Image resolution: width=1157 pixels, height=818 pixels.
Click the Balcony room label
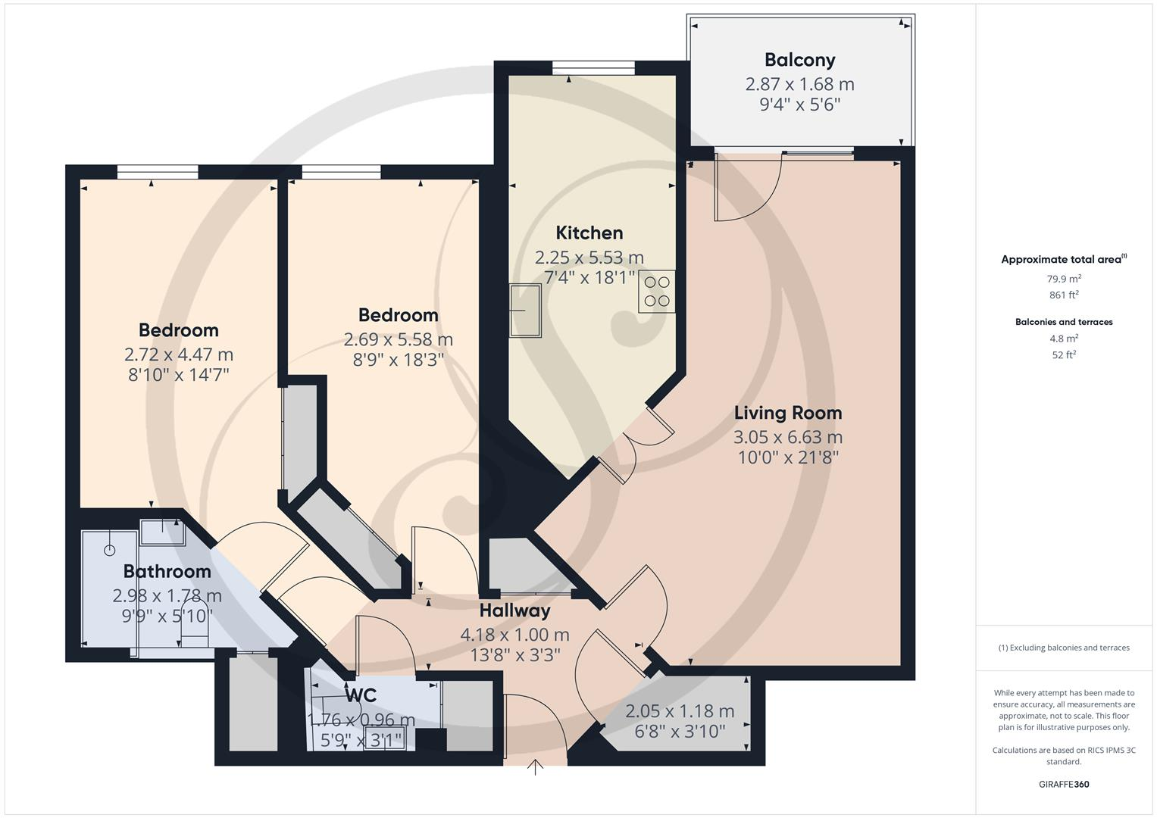[799, 60]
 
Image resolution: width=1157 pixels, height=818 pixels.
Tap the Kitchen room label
[589, 233]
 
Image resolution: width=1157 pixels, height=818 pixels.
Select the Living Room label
[787, 413]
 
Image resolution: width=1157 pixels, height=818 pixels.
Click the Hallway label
[514, 610]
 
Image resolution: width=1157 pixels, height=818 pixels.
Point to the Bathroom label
[167, 571]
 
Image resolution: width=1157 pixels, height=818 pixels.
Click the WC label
[361, 695]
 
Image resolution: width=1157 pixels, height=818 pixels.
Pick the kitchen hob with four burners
[656, 292]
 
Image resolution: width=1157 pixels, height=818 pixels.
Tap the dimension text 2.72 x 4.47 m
[178, 354]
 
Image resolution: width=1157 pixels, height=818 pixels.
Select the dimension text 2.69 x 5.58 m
[398, 339]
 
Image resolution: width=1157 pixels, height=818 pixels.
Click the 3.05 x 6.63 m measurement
[787, 437]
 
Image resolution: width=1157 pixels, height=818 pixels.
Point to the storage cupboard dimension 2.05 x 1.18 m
[679, 711]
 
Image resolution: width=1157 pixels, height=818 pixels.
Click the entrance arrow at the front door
[536, 767]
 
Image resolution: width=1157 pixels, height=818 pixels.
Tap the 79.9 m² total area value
[1063, 278]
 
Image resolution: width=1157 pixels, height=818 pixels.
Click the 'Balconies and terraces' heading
[1063, 322]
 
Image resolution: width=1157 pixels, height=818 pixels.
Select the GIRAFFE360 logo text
[1063, 784]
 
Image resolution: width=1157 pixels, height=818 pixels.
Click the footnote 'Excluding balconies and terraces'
[1063, 648]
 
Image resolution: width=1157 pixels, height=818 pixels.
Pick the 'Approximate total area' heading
[1063, 260]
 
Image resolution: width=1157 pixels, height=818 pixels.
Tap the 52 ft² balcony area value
[1063, 354]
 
